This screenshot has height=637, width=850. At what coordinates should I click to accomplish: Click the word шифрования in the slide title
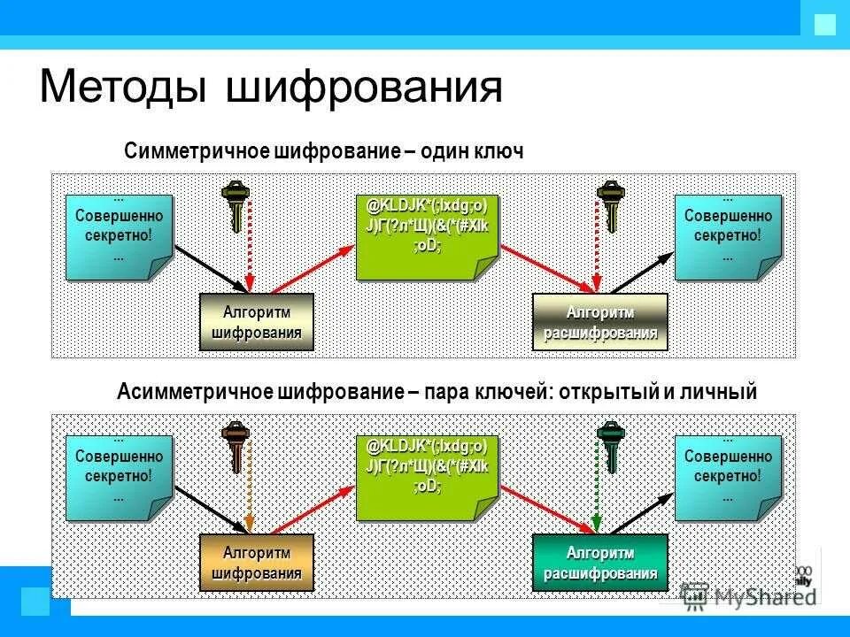[x=364, y=90]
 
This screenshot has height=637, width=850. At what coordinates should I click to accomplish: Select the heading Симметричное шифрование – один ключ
[x=324, y=151]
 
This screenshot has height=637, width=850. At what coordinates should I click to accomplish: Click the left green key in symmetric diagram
[x=236, y=203]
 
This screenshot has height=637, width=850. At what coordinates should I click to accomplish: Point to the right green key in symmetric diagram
[x=608, y=203]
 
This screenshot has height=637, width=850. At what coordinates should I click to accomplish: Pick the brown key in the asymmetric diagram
[x=236, y=444]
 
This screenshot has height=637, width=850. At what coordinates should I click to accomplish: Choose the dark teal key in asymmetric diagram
[x=608, y=444]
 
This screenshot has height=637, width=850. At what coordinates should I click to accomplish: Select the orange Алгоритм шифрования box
[x=256, y=563]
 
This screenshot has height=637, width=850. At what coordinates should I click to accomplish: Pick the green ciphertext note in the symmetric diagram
[x=426, y=234]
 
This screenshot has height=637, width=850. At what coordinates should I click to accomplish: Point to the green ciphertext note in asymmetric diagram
[x=426, y=475]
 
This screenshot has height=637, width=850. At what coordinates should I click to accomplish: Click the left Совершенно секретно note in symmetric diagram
[x=118, y=235]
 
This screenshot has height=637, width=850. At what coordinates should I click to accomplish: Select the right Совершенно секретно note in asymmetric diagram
[x=727, y=476]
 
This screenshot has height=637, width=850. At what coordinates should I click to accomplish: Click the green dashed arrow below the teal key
[x=596, y=491]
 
